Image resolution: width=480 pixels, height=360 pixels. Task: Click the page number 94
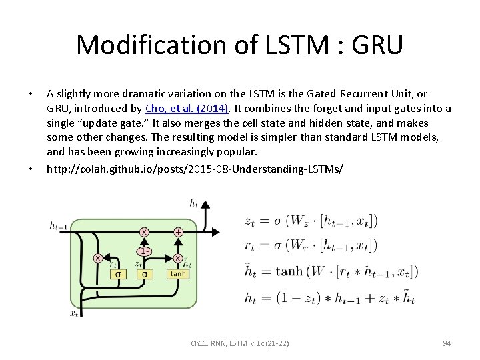point(447,343)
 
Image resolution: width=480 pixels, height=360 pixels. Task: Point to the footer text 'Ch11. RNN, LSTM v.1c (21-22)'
point(240,343)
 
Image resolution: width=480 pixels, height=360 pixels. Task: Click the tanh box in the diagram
point(179,273)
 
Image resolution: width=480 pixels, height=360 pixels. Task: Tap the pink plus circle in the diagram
point(178,232)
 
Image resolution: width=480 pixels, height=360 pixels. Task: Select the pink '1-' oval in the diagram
point(144,251)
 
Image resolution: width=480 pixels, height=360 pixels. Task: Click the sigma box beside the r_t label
point(119,273)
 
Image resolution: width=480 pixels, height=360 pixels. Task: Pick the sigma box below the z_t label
point(144,273)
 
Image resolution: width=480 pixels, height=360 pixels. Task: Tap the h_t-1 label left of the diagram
point(58,225)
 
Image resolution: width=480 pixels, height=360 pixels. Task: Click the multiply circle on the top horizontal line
point(144,232)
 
